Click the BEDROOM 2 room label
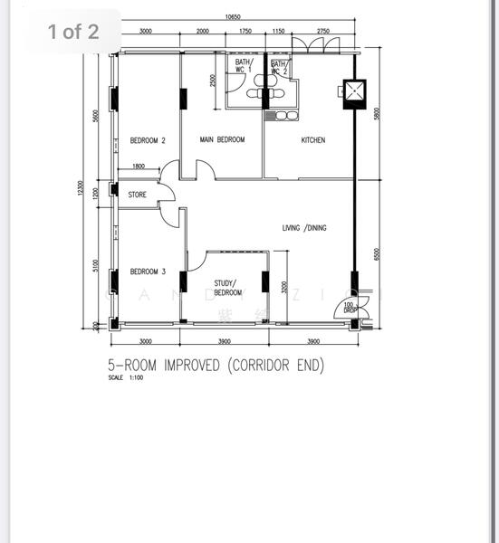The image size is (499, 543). tap(148, 140)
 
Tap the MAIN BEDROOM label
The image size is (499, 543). tap(223, 139)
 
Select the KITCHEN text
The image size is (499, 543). tap(313, 140)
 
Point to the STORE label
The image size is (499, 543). tap(138, 194)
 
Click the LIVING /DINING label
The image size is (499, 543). tap(304, 228)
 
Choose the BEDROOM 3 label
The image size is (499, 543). tap(148, 271)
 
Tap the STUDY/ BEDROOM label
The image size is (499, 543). tap(227, 288)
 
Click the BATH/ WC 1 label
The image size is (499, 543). tap(244, 66)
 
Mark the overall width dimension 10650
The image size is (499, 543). tap(233, 17)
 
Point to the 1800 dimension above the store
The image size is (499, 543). tap(139, 166)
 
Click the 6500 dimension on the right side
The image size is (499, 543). tap(376, 255)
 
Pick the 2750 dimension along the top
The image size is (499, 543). tap(322, 31)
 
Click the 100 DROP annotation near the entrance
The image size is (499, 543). tap(350, 306)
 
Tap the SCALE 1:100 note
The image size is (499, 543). tap(125, 377)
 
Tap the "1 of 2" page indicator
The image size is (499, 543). tap(73, 32)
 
